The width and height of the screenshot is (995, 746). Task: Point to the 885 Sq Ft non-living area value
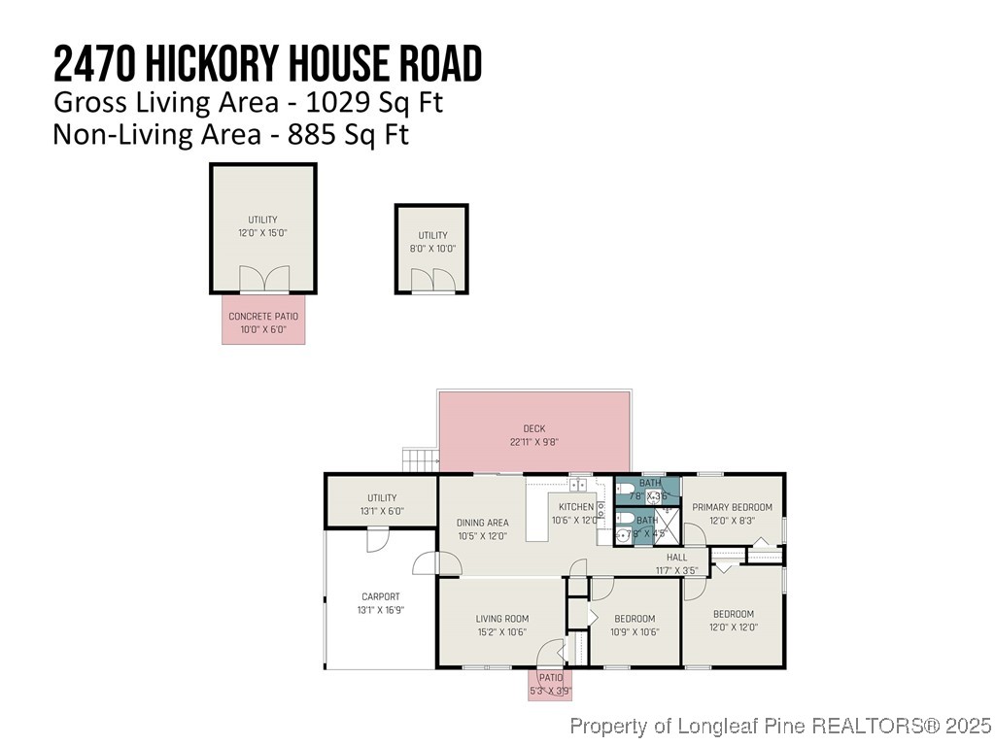[x=348, y=134]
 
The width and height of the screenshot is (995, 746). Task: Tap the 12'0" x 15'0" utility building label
[x=262, y=226]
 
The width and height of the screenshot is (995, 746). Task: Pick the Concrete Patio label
[x=263, y=322]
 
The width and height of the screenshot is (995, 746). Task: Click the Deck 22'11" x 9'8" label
[x=534, y=434]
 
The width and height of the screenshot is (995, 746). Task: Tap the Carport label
[x=380, y=603]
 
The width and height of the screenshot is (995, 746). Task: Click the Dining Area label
[x=483, y=528]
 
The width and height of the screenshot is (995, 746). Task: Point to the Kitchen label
[x=576, y=513]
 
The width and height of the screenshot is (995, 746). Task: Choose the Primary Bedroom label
[x=732, y=513]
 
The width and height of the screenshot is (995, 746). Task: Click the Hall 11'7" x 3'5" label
[x=676, y=563]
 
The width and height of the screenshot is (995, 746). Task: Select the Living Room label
[x=501, y=625]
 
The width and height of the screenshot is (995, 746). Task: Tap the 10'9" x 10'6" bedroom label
[x=635, y=625]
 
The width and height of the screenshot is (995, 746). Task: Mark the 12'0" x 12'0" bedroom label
[x=733, y=620]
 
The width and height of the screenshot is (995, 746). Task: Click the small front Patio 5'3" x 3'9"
[x=550, y=684]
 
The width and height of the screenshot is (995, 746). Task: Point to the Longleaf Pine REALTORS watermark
[x=780, y=726]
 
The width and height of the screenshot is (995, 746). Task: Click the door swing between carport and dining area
[x=426, y=564]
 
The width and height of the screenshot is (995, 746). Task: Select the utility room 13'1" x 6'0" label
[x=381, y=503]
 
